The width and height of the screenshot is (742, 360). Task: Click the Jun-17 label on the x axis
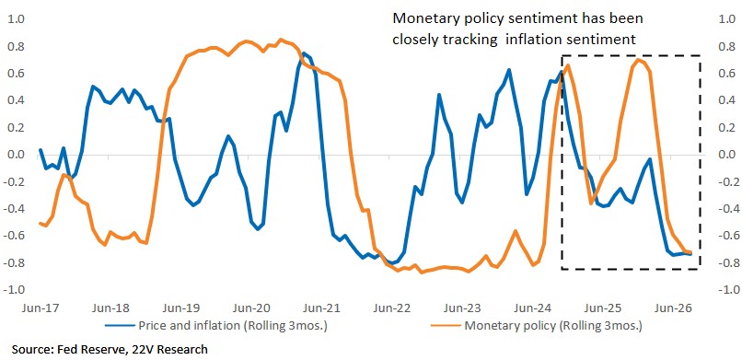point(40,308)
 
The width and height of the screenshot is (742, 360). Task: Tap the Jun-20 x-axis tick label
point(252,308)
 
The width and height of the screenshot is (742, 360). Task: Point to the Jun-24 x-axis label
point(532,308)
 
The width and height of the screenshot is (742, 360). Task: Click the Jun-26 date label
point(674,308)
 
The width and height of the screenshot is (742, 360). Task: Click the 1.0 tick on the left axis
point(17,20)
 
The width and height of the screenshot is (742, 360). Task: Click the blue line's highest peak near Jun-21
point(303,53)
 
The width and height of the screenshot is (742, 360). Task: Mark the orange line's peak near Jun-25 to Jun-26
point(638,60)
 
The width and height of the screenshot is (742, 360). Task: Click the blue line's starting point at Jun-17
point(40,150)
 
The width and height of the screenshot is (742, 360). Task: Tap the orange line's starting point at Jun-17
point(40,223)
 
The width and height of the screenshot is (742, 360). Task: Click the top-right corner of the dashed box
point(700,56)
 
